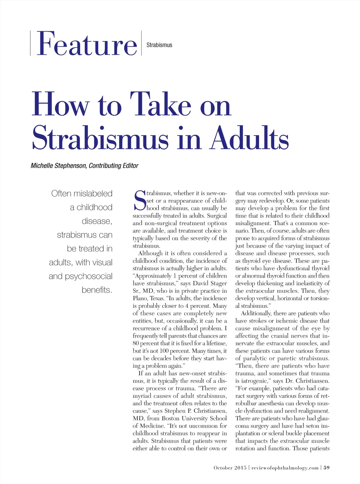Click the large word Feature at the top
coord(86,44)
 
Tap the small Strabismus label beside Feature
coord(159,45)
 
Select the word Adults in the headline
coord(250,138)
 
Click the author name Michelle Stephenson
coord(58,166)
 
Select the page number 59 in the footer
coord(327,468)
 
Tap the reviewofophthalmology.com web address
coord(285,468)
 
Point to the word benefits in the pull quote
coord(97,290)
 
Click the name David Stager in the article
coord(210,284)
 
